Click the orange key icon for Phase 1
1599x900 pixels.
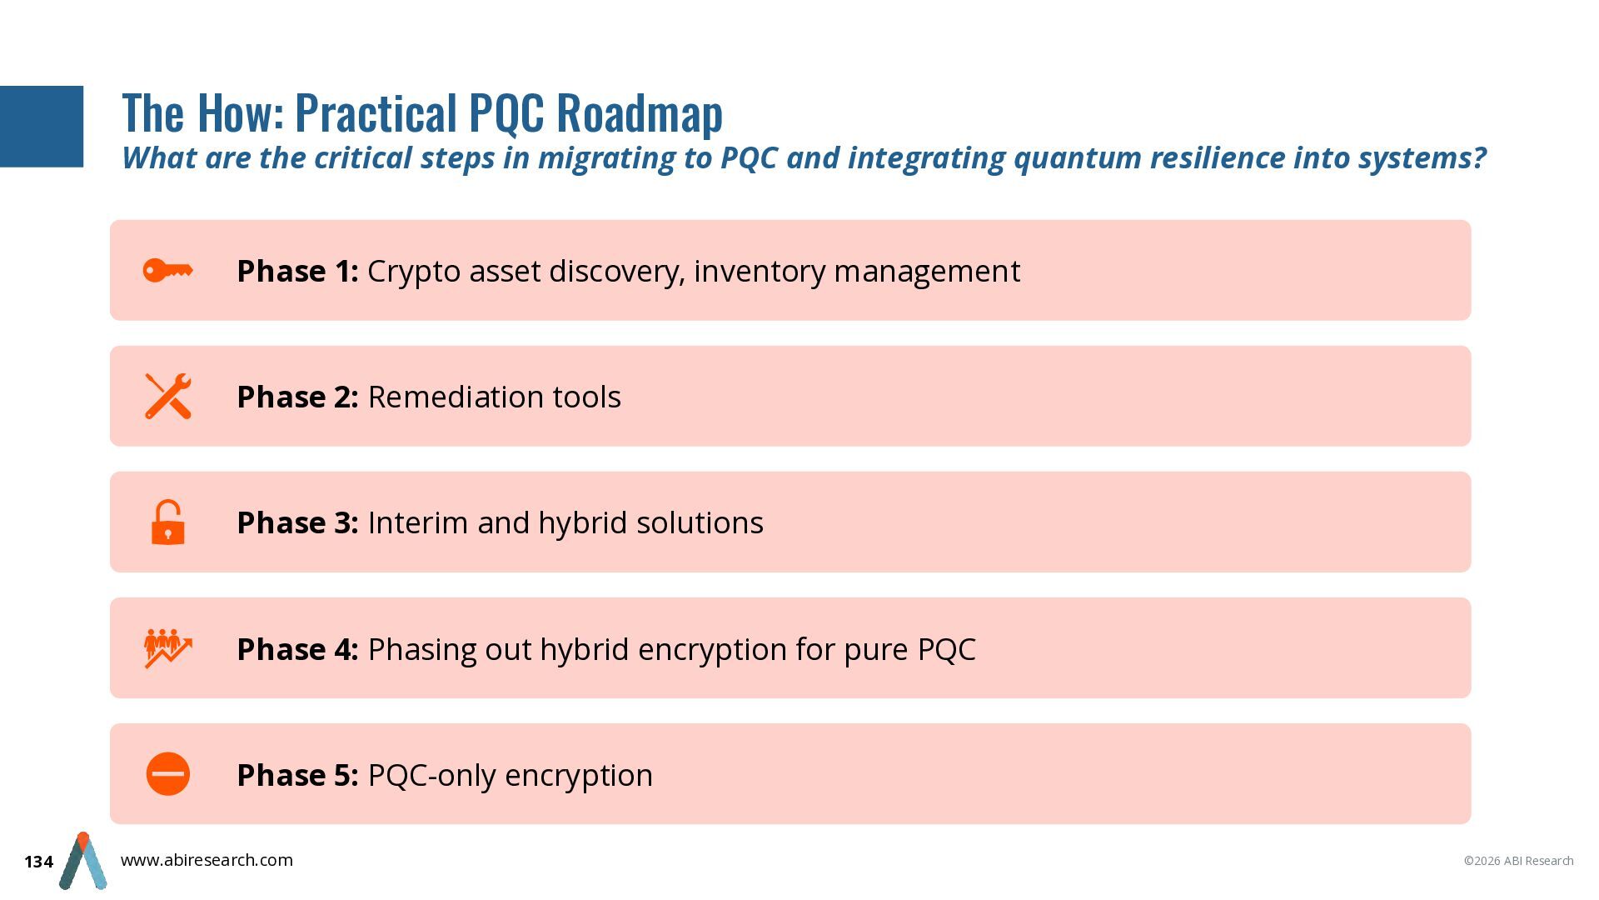[167, 271]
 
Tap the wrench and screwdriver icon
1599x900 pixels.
[168, 396]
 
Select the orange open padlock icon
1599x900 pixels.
[167, 522]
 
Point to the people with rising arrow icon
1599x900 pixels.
[168, 648]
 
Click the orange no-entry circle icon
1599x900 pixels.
[168, 774]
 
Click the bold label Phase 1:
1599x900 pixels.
[297, 272]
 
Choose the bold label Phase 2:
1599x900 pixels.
[297, 397]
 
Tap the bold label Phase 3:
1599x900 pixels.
[297, 523]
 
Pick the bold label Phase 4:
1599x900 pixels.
[297, 650]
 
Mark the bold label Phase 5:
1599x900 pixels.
[297, 776]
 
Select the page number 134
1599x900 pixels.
[38, 862]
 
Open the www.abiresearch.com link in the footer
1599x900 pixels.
[207, 860]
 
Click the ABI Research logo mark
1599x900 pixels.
[83, 861]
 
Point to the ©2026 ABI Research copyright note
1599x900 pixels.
[1518, 861]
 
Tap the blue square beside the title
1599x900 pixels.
[42, 127]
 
